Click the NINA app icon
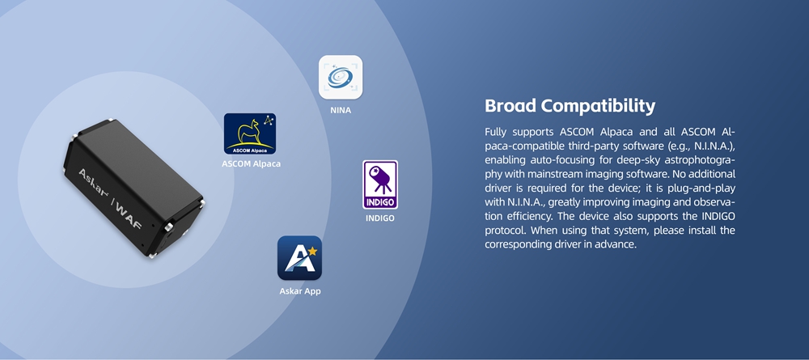pos(341,78)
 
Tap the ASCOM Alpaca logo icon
pos(250,133)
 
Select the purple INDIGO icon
pos(380,184)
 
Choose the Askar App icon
pos(300,258)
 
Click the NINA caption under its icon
pos(341,110)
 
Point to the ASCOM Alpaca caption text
pos(252,164)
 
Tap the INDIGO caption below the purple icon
pos(380,218)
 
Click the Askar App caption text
pos(300,291)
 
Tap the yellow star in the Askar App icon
pos(312,251)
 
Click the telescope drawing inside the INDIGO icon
pos(379,179)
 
